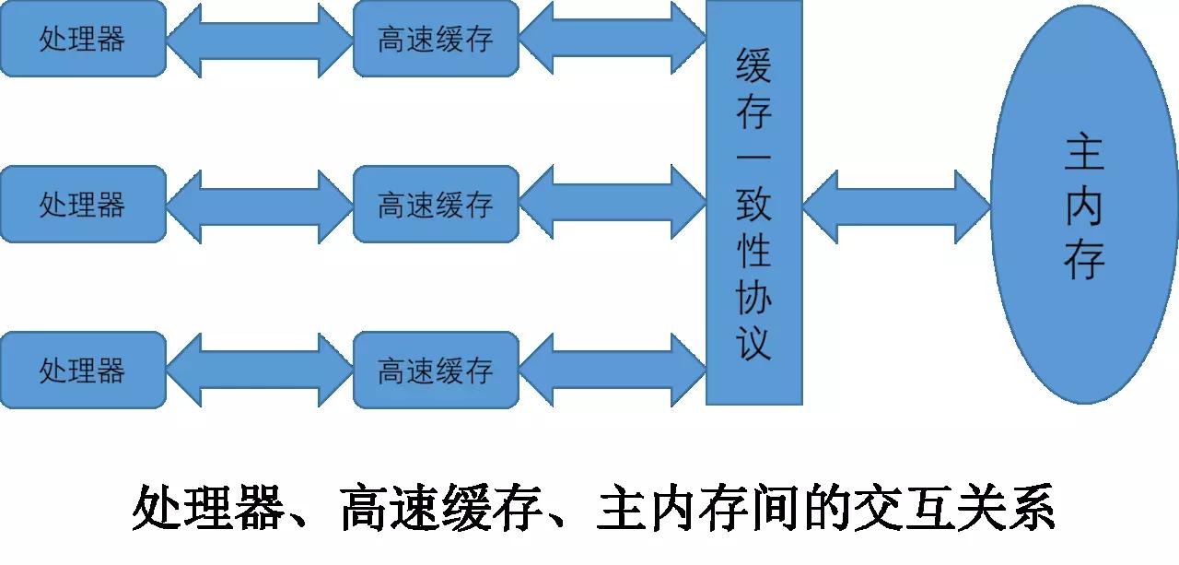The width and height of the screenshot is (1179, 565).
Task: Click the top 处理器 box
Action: pos(83,39)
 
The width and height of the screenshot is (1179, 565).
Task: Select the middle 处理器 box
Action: pos(83,205)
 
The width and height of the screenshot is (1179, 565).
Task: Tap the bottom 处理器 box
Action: pos(83,370)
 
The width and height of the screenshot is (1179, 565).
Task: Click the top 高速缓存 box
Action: pos(436,39)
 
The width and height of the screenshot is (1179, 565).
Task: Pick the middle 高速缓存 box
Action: pos(436,205)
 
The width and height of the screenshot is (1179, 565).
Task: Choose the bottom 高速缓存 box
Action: pos(436,370)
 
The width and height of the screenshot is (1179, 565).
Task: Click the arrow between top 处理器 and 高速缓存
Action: pos(260,40)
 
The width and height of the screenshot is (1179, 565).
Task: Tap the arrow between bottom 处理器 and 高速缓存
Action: pos(260,371)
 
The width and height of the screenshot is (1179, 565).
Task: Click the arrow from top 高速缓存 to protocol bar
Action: pos(613,38)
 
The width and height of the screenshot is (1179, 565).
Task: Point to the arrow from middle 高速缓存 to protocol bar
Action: pos(613,202)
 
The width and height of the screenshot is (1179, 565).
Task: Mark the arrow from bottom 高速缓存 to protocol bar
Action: pos(613,371)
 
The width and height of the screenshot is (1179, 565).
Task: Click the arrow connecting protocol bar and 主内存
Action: pos(896,207)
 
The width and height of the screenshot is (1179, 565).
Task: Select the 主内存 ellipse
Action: pos(1084,205)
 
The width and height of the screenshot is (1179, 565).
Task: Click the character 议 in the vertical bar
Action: pos(753,343)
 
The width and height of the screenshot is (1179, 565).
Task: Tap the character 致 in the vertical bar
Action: pos(753,205)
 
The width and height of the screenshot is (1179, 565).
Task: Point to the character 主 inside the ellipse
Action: pos(1084,153)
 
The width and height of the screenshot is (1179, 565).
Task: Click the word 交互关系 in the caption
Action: pos(953,508)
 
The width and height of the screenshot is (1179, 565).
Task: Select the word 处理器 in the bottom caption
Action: pos(208,508)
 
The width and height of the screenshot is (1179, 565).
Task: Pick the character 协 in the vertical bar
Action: pos(753,297)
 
